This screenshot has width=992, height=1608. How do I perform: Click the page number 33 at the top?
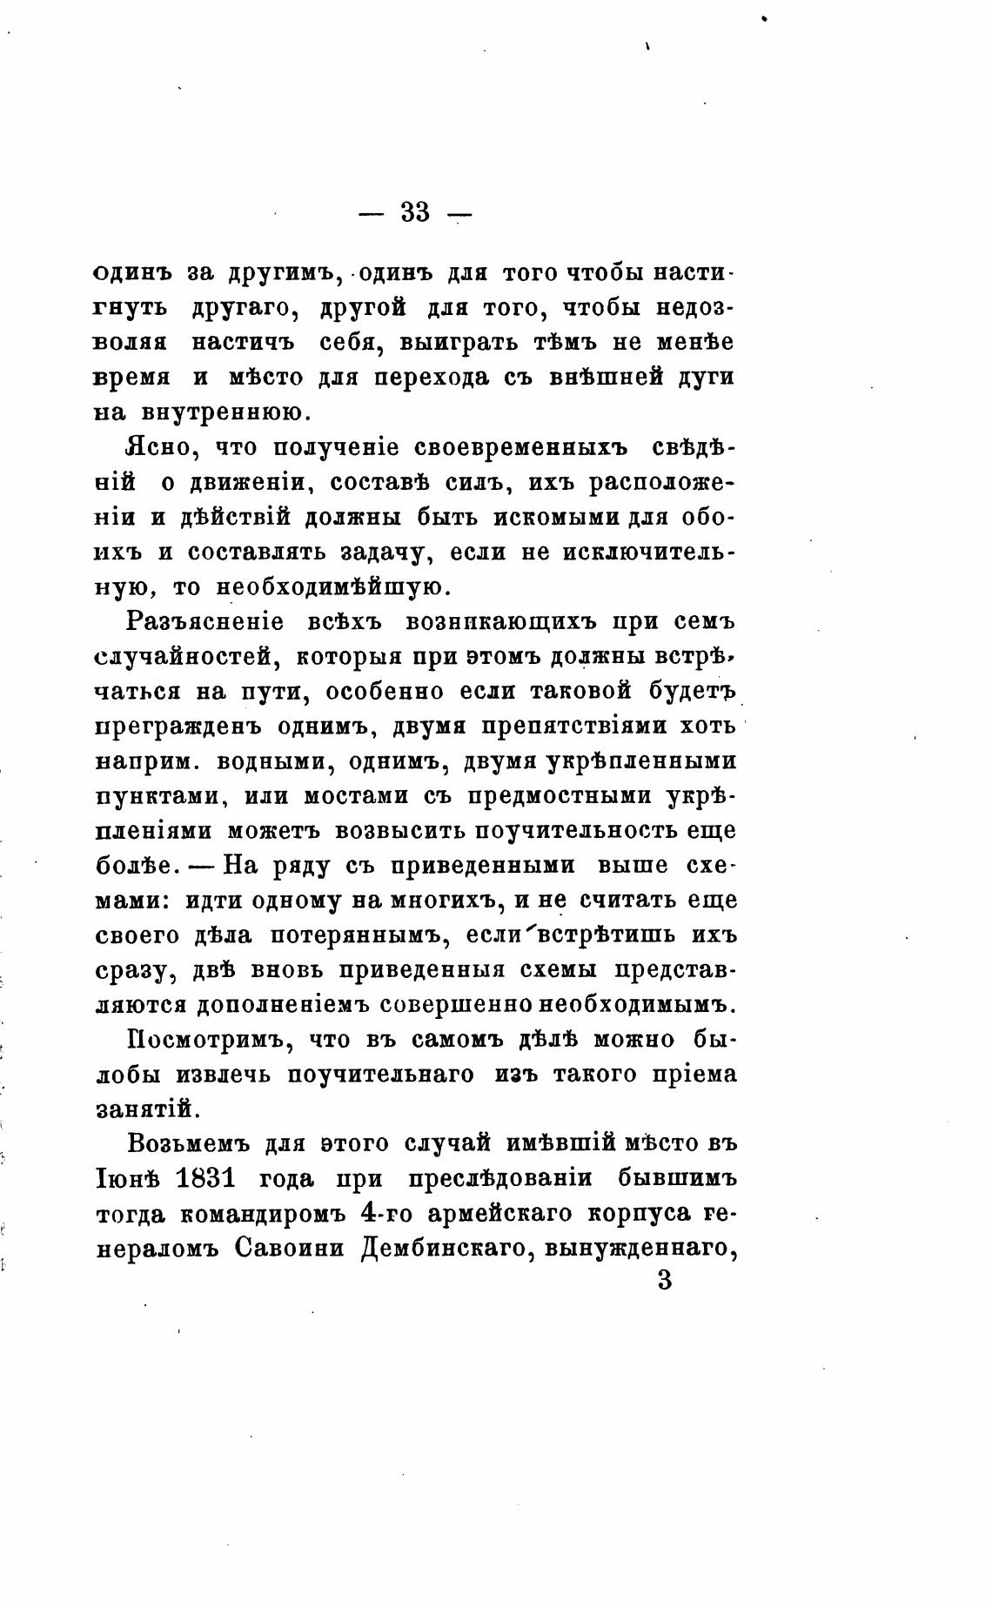pyautogui.click(x=415, y=211)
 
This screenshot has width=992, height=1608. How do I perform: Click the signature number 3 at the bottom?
pyautogui.click(x=665, y=1281)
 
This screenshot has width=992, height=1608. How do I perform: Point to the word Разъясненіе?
pyautogui.click(x=204, y=623)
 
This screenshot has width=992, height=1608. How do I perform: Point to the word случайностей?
pyautogui.click(x=187, y=658)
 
